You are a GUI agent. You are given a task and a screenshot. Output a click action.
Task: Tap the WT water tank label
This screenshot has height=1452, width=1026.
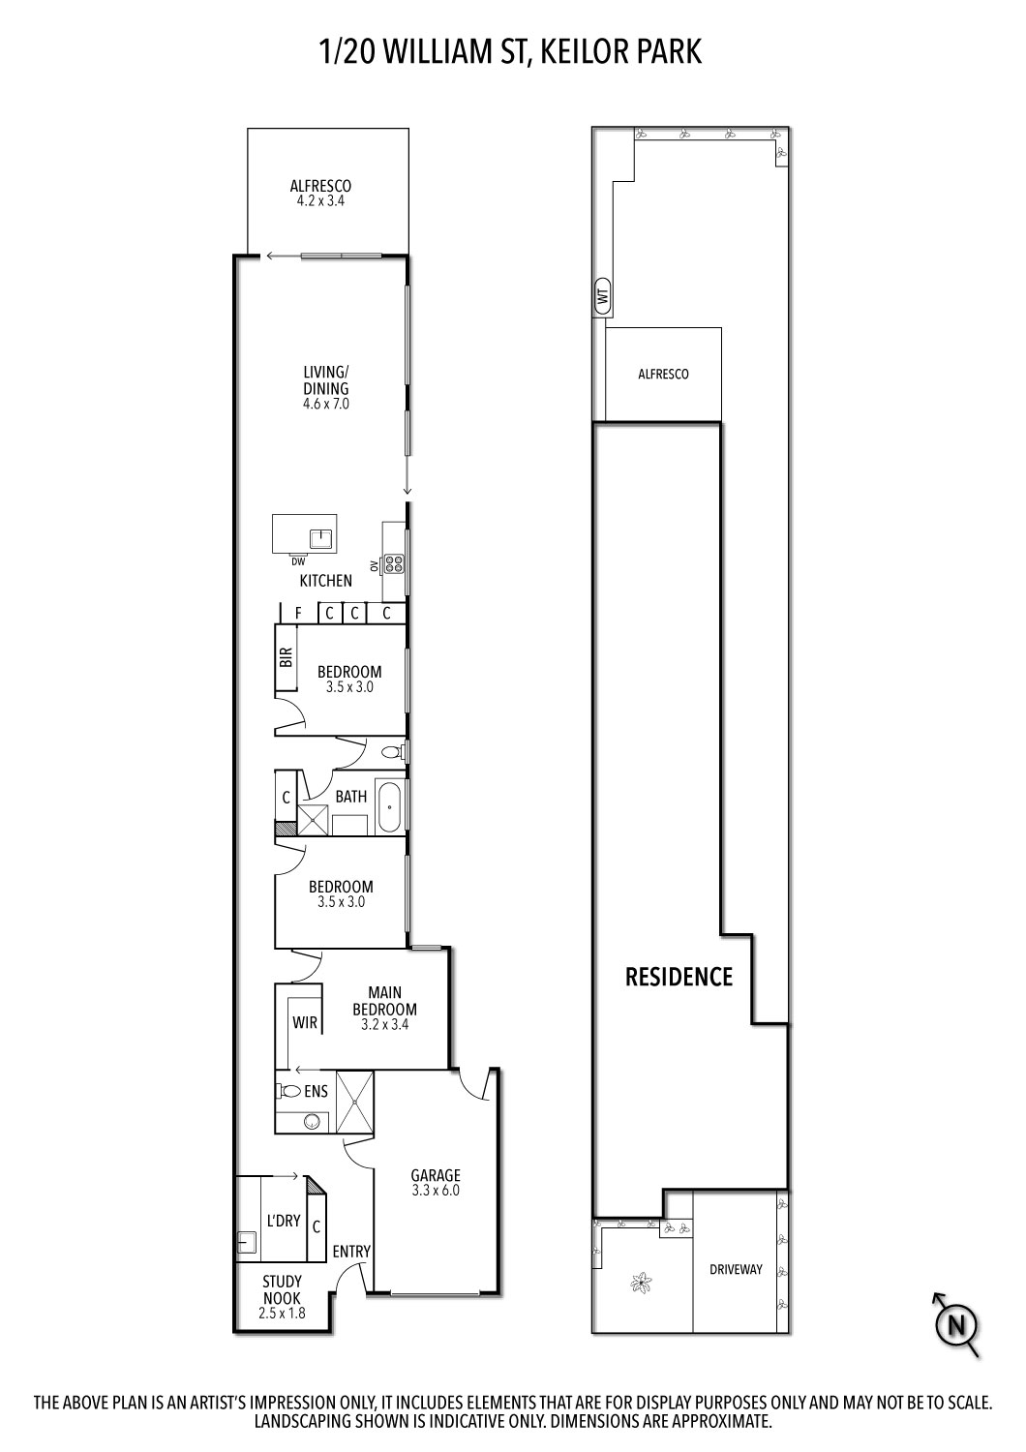(x=603, y=297)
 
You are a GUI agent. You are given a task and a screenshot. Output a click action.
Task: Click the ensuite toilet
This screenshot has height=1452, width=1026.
(x=288, y=1091)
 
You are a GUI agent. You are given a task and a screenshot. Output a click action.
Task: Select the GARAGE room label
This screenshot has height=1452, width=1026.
(x=436, y=1176)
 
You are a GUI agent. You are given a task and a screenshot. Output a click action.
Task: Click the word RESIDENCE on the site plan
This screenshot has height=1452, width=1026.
(x=679, y=977)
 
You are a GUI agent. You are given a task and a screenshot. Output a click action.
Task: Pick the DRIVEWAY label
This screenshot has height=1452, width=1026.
(x=736, y=1269)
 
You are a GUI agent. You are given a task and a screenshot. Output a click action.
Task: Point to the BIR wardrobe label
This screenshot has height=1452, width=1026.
(x=287, y=658)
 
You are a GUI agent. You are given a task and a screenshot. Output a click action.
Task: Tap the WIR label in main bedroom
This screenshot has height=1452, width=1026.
(x=305, y=1022)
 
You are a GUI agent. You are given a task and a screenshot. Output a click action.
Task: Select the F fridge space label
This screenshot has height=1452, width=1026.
(x=299, y=613)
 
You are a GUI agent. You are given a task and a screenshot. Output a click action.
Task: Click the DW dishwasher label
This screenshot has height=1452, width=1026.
(x=297, y=561)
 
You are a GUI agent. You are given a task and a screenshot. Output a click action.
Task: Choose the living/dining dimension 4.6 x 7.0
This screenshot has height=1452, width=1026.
(x=326, y=404)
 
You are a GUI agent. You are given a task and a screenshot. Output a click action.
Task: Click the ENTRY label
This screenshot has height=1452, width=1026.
(x=351, y=1251)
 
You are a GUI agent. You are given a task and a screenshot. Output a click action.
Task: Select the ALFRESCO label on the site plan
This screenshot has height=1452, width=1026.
(x=663, y=374)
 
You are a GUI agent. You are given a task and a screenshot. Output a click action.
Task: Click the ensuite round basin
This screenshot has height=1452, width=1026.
(x=310, y=1122)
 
